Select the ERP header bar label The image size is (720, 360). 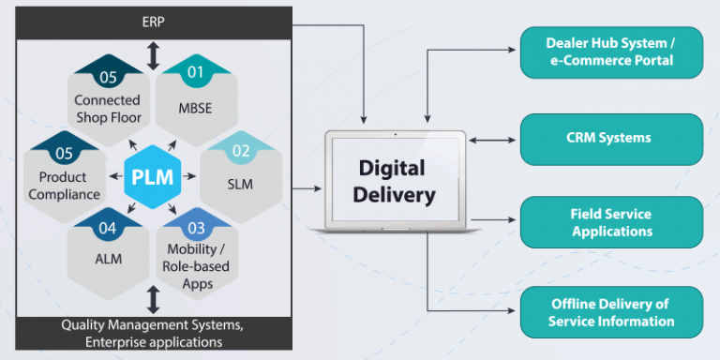click(154, 21)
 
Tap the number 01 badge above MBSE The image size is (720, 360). click(195, 70)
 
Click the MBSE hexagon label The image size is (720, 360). click(195, 108)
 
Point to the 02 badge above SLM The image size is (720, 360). click(240, 149)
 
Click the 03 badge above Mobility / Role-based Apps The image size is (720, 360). click(195, 226)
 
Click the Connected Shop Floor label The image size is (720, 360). click(107, 108)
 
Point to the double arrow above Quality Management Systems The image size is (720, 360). click(154, 300)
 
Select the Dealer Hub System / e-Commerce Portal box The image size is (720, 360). click(610, 52)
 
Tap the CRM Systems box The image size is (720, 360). click(610, 139)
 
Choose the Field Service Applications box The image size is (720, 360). click(610, 222)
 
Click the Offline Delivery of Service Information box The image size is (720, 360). click(610, 312)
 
